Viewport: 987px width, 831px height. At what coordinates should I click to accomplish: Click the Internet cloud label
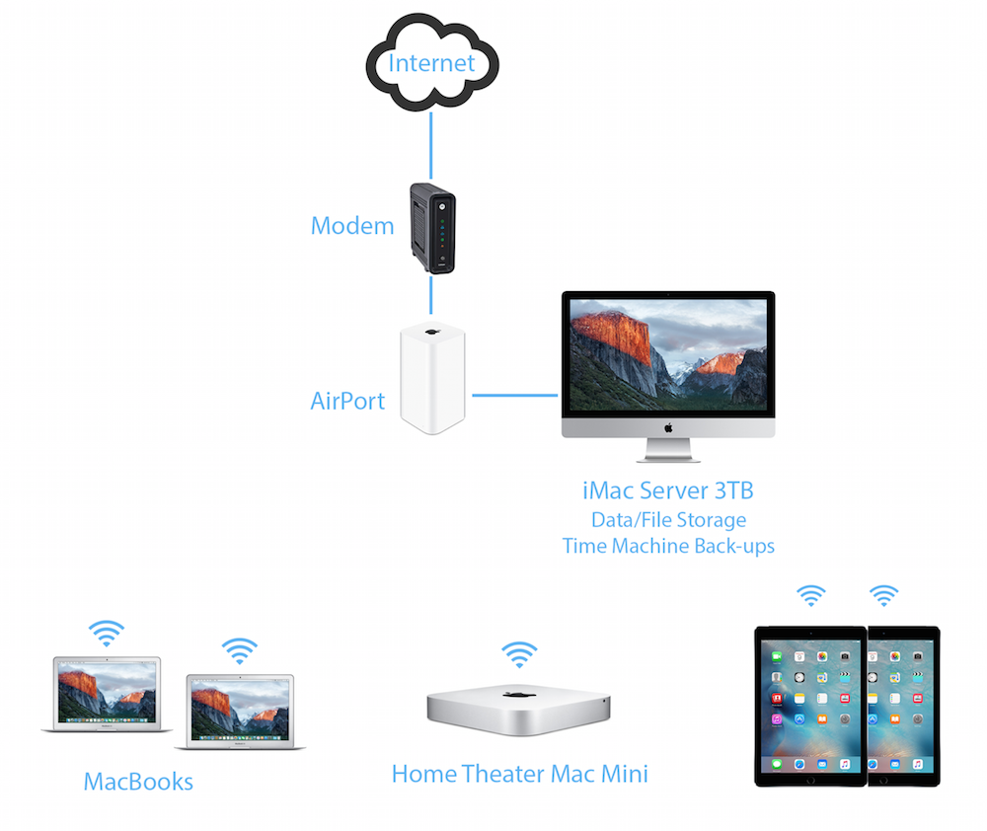(x=431, y=64)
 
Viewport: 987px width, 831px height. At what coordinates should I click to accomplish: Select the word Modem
(x=352, y=226)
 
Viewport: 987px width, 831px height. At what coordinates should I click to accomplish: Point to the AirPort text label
(x=347, y=402)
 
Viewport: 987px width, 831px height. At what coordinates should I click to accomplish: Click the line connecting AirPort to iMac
(x=513, y=395)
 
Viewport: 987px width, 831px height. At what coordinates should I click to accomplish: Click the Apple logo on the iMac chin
(x=668, y=427)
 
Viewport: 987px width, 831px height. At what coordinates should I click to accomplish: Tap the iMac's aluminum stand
(x=668, y=451)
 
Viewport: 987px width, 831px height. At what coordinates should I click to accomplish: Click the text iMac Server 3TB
(x=668, y=491)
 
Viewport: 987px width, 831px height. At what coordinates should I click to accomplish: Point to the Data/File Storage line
(x=668, y=519)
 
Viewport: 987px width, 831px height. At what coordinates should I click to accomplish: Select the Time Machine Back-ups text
(x=668, y=546)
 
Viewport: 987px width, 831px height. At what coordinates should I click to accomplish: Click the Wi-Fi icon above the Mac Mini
(x=519, y=653)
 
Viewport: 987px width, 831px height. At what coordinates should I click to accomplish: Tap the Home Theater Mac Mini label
(x=519, y=774)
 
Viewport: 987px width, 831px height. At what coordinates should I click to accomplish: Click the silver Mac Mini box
(x=518, y=706)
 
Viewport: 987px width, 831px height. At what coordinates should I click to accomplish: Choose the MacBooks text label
(x=138, y=783)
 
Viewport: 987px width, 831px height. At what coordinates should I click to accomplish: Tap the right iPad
(x=903, y=706)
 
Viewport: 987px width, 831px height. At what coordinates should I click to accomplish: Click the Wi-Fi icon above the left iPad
(x=811, y=595)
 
